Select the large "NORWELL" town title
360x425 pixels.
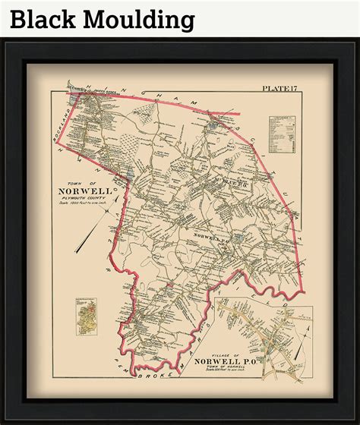click(84, 191)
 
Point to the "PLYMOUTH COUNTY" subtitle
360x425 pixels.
click(84, 200)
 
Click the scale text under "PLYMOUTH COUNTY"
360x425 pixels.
click(84, 206)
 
